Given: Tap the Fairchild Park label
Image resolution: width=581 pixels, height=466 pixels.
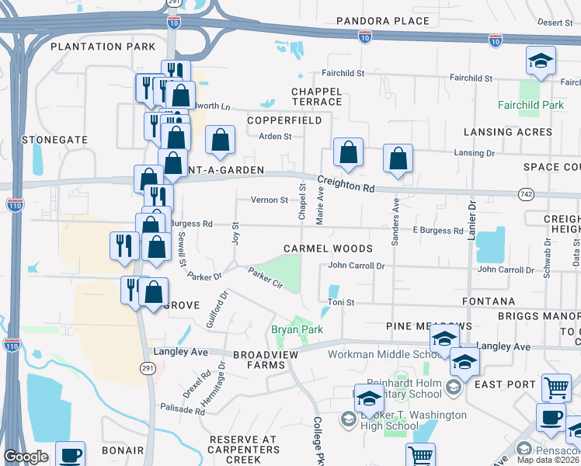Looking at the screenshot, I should (531, 105).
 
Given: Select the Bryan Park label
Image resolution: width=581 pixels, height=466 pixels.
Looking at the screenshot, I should (296, 330).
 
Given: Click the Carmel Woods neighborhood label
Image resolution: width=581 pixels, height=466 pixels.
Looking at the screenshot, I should (328, 249).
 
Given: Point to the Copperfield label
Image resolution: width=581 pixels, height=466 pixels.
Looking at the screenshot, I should (284, 121).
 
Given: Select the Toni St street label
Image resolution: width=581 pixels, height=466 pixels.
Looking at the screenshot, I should (340, 302).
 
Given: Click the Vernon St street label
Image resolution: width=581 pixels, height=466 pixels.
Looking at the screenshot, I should (269, 200).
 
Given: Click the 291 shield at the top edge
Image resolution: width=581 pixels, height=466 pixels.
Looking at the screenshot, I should (173, 3).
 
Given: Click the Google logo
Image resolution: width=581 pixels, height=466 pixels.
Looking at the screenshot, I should (26, 457).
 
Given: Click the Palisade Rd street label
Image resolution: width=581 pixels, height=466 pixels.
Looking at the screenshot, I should (183, 409).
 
